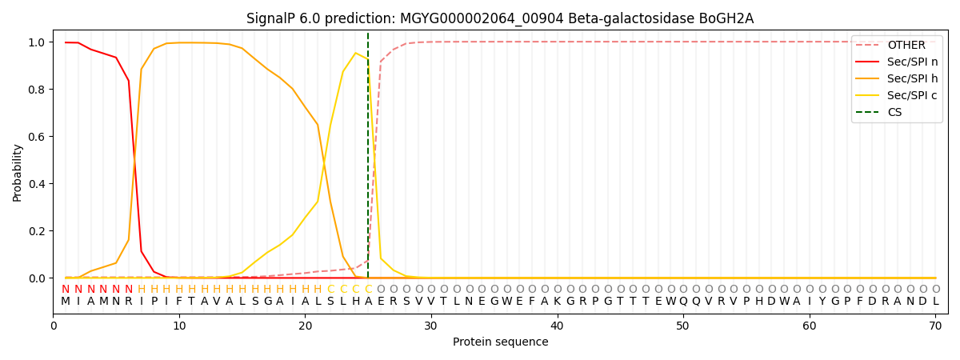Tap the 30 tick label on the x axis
coord(431,326)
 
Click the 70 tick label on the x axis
coord(935,326)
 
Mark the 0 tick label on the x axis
coord(54,326)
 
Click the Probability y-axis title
coord(18,173)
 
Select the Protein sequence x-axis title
coord(500,342)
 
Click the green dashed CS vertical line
coord(368,160)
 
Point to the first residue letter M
coord(66,302)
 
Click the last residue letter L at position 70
coord(935,302)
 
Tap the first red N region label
coord(66,290)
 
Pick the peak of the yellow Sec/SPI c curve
coord(356,53)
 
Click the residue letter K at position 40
coord(558,302)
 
